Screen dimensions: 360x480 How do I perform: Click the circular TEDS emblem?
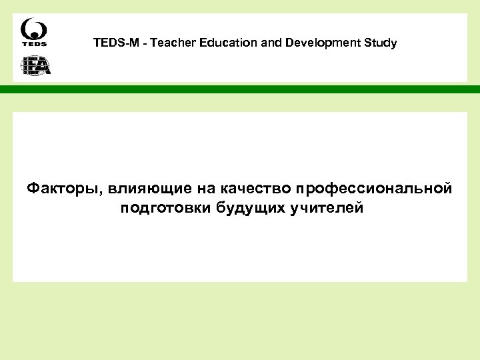tap(34, 29)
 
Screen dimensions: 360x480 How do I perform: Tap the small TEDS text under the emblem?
tap(34, 45)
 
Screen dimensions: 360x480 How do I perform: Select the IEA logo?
tap(35, 65)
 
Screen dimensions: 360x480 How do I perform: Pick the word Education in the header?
tap(233, 43)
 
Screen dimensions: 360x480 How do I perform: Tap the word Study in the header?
tap(380, 43)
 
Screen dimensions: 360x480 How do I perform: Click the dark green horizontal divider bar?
tap(240, 89)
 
